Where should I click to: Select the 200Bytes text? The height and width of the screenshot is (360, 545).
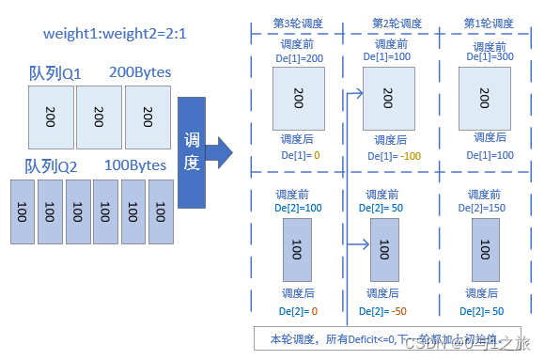coord(139,71)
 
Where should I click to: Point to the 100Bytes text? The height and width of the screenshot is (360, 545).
coord(135,165)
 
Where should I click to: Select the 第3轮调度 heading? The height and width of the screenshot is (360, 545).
coord(297,23)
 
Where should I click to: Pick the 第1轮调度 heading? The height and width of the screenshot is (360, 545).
coord(489,23)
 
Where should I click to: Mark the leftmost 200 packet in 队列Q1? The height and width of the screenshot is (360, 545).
coord(51,117)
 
